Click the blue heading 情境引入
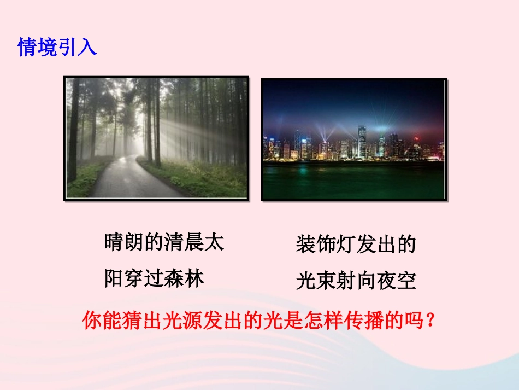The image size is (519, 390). tap(57, 47)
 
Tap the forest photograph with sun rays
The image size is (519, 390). tap(156, 138)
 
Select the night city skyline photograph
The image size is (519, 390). tap(353, 139)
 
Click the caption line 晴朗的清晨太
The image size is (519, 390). tap(164, 242)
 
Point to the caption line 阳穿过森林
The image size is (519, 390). tap(154, 279)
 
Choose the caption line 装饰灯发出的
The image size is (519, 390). tap(356, 245)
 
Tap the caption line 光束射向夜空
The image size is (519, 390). tap(356, 281)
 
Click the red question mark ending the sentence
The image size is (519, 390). tap(430, 321)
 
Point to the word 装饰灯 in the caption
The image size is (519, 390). tap(326, 245)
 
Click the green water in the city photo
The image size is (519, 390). tap(353, 181)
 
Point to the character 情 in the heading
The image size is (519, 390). tap(28, 47)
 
